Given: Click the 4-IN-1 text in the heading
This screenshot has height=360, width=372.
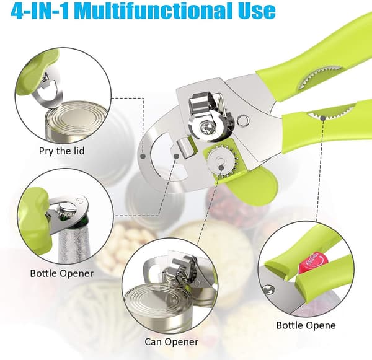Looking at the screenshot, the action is click(x=40, y=11).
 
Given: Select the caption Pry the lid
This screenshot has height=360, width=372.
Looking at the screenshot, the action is click(x=61, y=151).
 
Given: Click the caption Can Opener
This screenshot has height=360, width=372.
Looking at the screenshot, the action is click(x=171, y=342).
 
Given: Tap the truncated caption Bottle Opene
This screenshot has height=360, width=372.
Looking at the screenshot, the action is click(x=306, y=325).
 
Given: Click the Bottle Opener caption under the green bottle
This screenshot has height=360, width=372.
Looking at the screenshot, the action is click(x=61, y=273).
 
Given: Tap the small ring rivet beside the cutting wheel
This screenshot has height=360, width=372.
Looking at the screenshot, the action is click(x=244, y=120).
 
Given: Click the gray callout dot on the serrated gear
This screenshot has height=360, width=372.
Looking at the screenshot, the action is click(x=221, y=168).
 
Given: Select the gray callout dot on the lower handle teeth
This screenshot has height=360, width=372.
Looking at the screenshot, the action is click(x=322, y=118).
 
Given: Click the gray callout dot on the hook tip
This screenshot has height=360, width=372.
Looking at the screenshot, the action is click(x=177, y=156).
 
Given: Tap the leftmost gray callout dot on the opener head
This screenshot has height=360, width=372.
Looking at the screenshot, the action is click(x=143, y=156).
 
